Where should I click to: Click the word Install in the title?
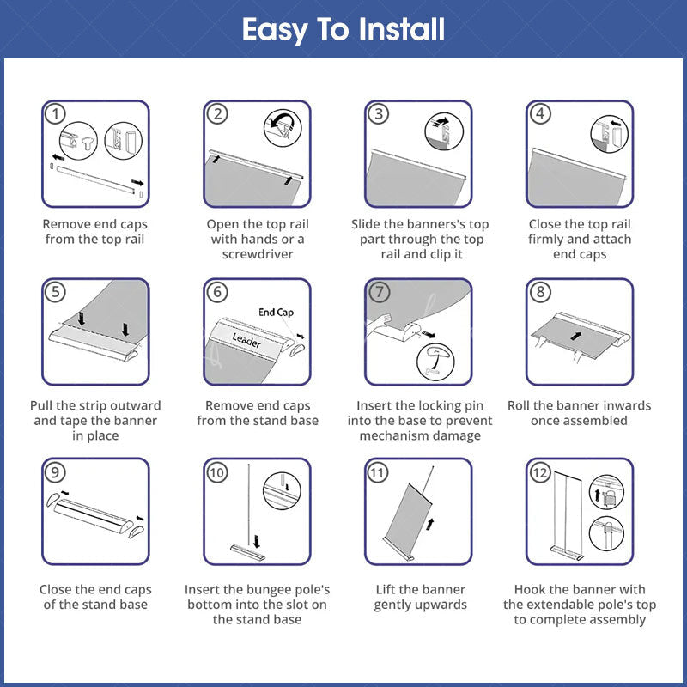click(401, 29)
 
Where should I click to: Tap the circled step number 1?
click(55, 114)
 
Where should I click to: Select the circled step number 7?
click(379, 292)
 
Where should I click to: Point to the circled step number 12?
click(540, 473)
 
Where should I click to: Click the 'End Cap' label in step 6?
click(276, 313)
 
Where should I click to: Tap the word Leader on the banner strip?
click(246, 340)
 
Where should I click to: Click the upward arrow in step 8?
click(576, 336)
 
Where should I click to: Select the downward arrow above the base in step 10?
click(257, 541)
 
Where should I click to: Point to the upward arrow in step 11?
click(430, 524)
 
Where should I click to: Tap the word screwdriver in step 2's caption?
click(258, 254)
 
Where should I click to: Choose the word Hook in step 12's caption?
click(529, 589)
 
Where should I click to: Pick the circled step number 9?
click(55, 473)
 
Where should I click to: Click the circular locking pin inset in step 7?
click(435, 362)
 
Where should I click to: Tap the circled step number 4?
click(540, 114)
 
